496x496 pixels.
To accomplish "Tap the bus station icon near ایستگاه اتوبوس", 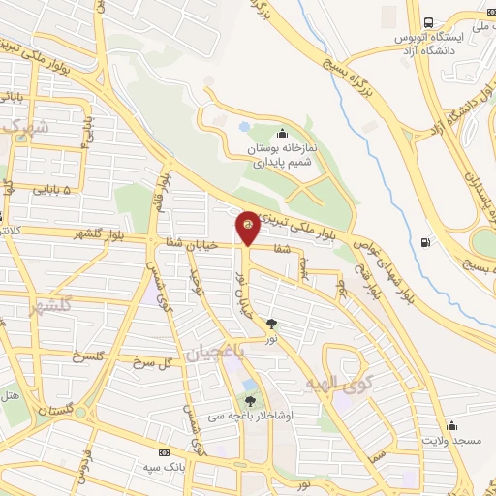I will point(428,21).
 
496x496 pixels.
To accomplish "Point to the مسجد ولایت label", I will point(451,441).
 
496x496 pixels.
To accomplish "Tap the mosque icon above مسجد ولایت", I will point(451,425).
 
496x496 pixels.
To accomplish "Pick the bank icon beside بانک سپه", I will point(163,452).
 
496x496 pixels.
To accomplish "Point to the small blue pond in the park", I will point(245,127).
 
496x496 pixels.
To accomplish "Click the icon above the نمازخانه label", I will point(282,134).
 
